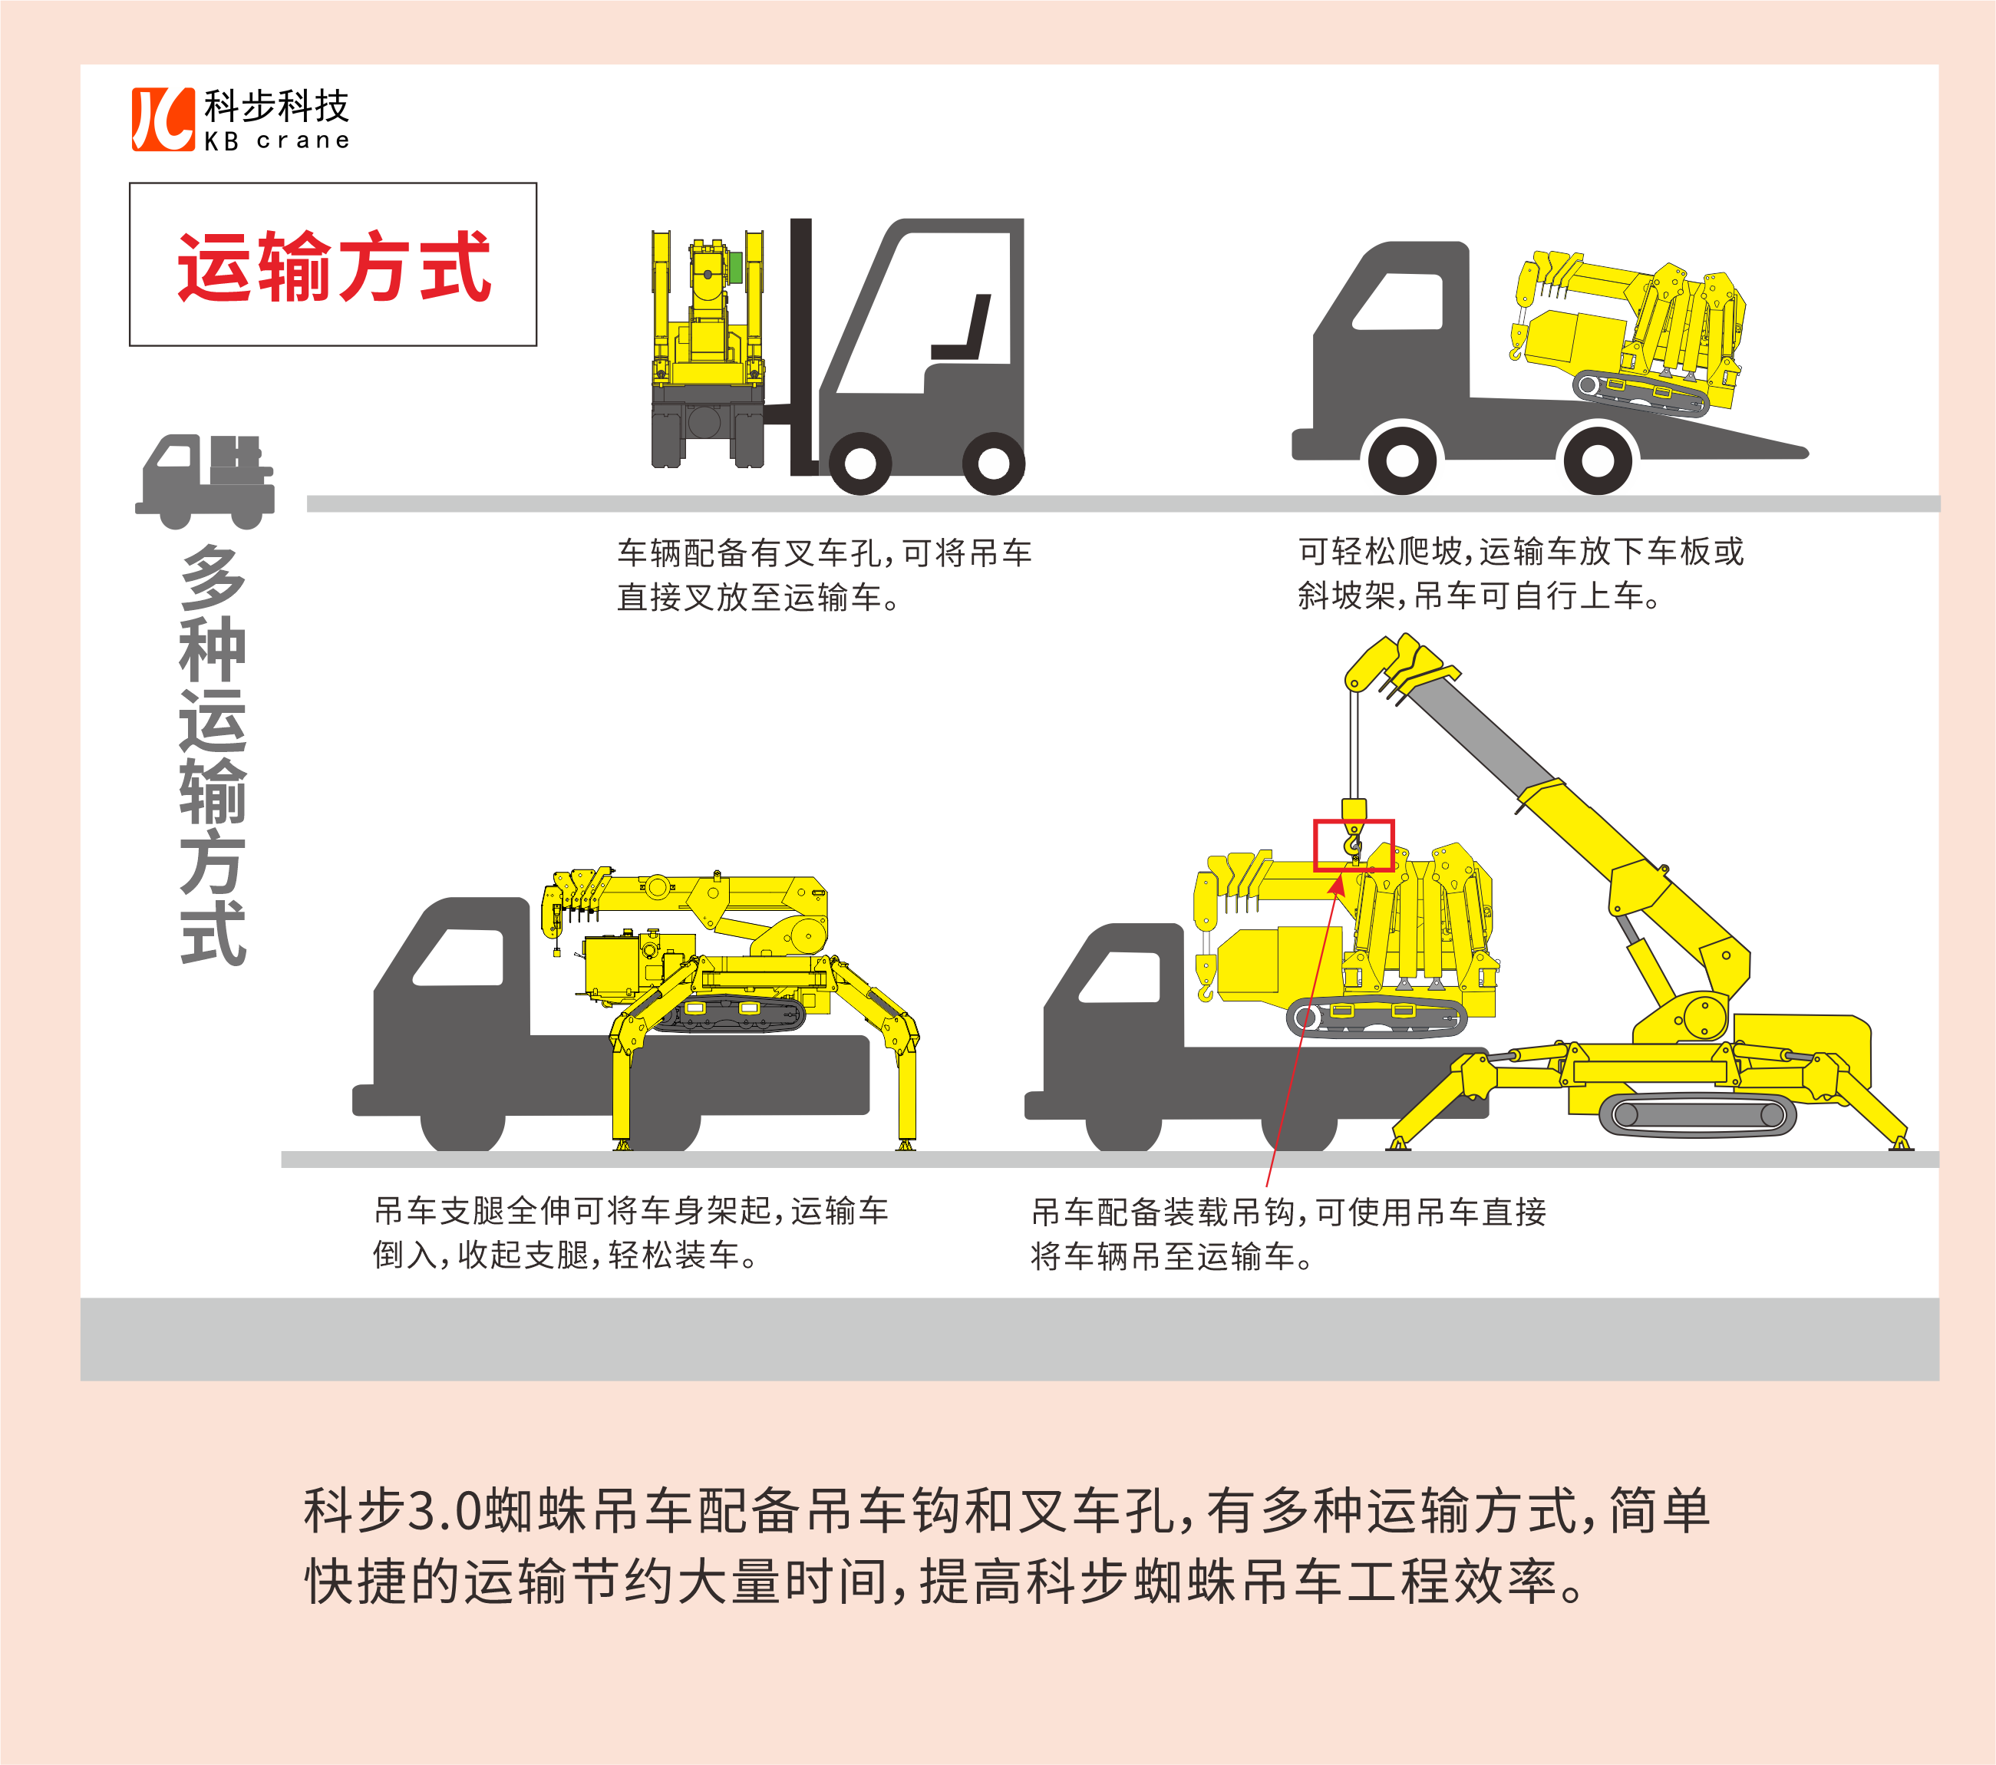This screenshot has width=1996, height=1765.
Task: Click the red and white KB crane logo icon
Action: [163, 119]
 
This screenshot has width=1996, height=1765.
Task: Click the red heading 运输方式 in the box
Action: [334, 266]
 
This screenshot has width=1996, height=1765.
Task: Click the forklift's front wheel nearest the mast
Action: [859, 463]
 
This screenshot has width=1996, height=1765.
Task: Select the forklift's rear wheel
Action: [993, 463]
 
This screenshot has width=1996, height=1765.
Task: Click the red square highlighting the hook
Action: [1354, 845]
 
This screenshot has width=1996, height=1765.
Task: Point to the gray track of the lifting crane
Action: [1697, 1114]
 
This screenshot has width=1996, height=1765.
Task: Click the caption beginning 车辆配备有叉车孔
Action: [824, 574]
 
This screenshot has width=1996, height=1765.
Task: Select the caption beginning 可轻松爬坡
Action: [1520, 573]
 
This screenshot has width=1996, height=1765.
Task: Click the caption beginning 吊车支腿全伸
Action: [631, 1232]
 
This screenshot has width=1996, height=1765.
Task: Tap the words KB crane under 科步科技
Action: [276, 140]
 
